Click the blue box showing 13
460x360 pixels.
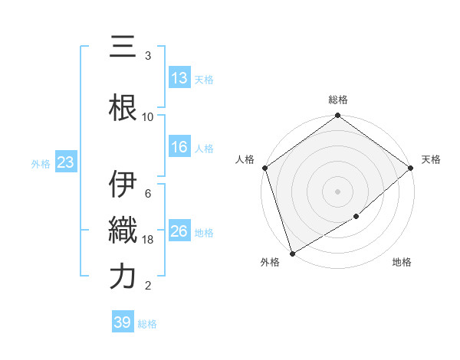[x=179, y=78]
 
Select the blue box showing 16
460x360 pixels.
[x=179, y=148]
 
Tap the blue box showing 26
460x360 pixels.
[x=179, y=232]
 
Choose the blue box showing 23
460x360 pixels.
[x=64, y=162]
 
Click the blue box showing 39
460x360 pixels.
[x=123, y=322]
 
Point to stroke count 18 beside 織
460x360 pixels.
[x=149, y=240]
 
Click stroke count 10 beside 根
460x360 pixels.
[x=148, y=116]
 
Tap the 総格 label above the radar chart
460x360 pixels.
[x=337, y=100]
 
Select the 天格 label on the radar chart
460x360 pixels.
[x=431, y=159]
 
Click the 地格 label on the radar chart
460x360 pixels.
[x=402, y=263]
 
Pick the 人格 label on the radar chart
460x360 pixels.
[x=245, y=159]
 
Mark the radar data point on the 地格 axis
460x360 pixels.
[x=356, y=217]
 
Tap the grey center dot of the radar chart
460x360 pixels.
[x=337, y=191]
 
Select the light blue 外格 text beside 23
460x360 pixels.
[x=41, y=163]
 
